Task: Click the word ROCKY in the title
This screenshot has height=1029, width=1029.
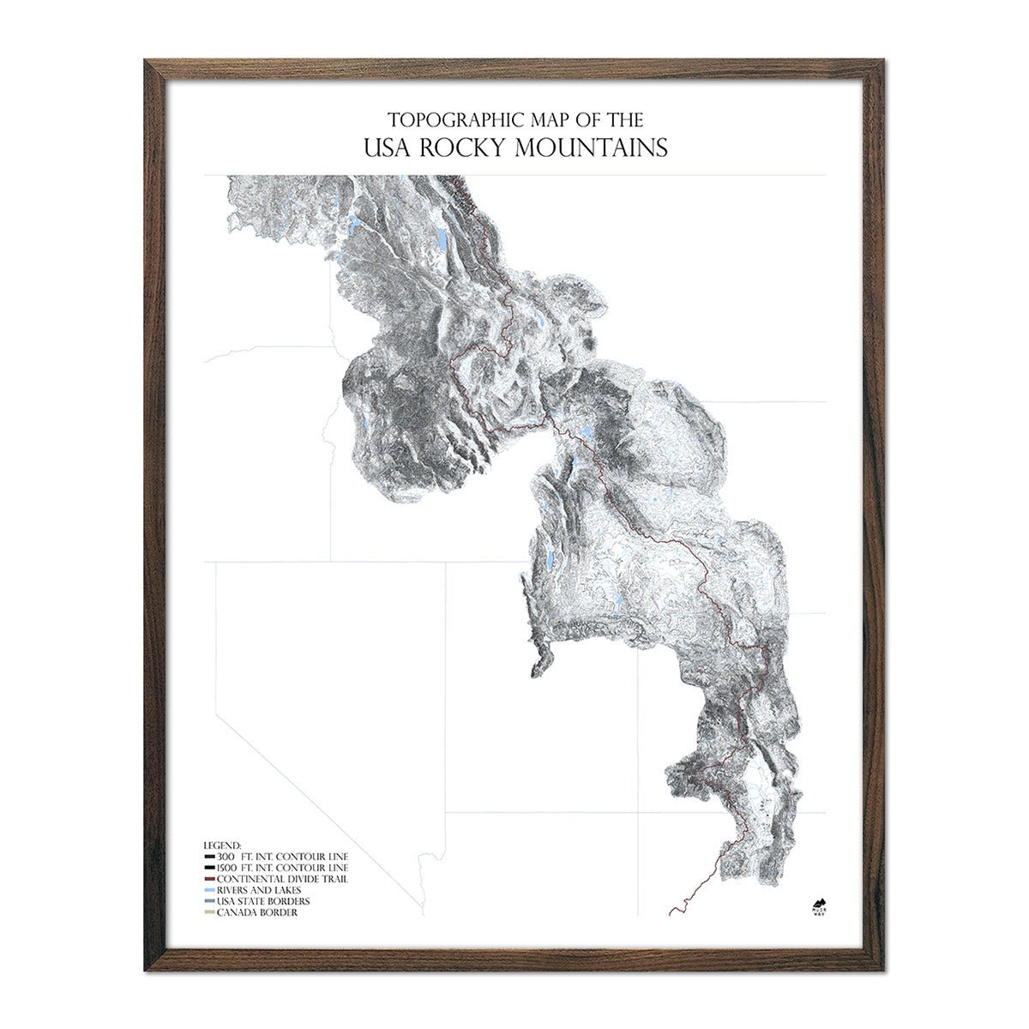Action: pos(462,147)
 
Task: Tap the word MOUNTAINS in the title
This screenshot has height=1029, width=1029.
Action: pos(591,147)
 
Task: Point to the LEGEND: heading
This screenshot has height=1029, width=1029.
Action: pos(223,845)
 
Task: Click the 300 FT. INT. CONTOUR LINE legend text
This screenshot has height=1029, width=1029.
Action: pos(282,857)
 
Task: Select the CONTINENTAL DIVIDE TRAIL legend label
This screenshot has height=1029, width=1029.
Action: pos(282,879)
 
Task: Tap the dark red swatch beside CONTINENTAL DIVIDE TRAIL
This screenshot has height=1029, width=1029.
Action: pos(209,879)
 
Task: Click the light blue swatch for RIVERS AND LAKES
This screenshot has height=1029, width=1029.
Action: pos(209,890)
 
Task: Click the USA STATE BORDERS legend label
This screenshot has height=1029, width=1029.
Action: pos(263,901)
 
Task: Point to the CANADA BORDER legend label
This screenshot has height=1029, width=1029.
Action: pos(257,912)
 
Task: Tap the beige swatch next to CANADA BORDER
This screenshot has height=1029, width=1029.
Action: pos(209,912)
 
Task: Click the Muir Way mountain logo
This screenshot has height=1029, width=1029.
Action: pos(818,905)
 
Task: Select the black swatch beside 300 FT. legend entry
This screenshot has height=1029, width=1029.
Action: pos(209,857)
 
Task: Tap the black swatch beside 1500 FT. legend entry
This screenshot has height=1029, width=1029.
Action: pos(209,868)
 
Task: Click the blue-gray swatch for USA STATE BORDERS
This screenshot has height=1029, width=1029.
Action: pos(209,901)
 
